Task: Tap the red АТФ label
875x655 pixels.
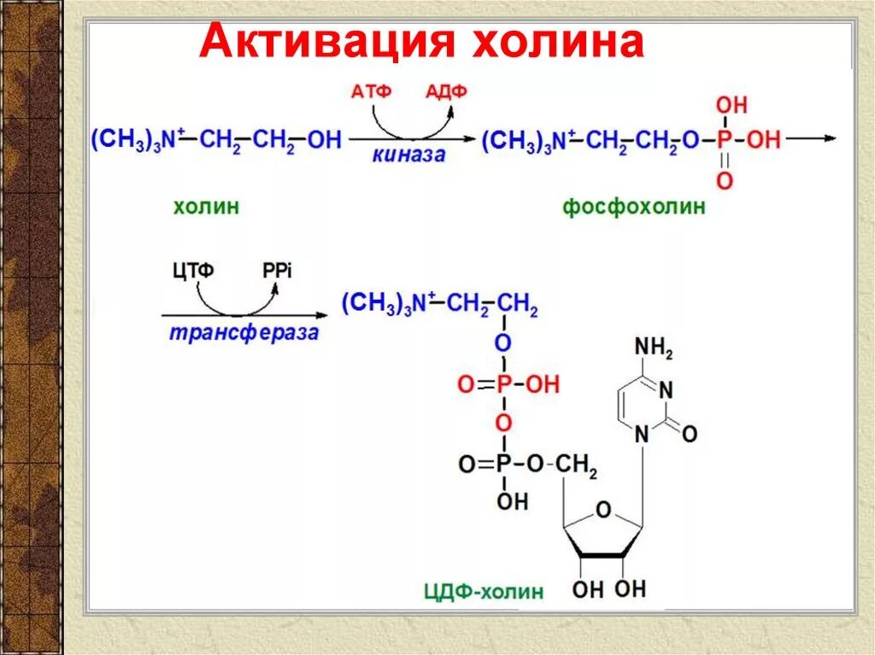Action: tap(371, 92)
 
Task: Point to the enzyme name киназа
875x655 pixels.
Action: tap(408, 155)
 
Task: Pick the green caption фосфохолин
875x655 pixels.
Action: tap(634, 207)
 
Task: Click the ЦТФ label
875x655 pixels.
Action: tap(193, 271)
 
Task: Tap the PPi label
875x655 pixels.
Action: tap(277, 271)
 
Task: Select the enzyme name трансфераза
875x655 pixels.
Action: tap(243, 332)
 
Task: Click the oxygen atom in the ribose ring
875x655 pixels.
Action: tap(603, 511)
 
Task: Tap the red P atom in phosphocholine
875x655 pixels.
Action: tap(725, 139)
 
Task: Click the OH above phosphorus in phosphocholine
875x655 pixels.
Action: tap(731, 106)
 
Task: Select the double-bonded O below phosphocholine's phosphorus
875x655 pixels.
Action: tap(725, 180)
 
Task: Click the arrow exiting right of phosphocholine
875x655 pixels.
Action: tap(811, 138)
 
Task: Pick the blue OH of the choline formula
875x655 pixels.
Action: tap(324, 139)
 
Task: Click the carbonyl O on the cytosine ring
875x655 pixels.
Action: tap(689, 434)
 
